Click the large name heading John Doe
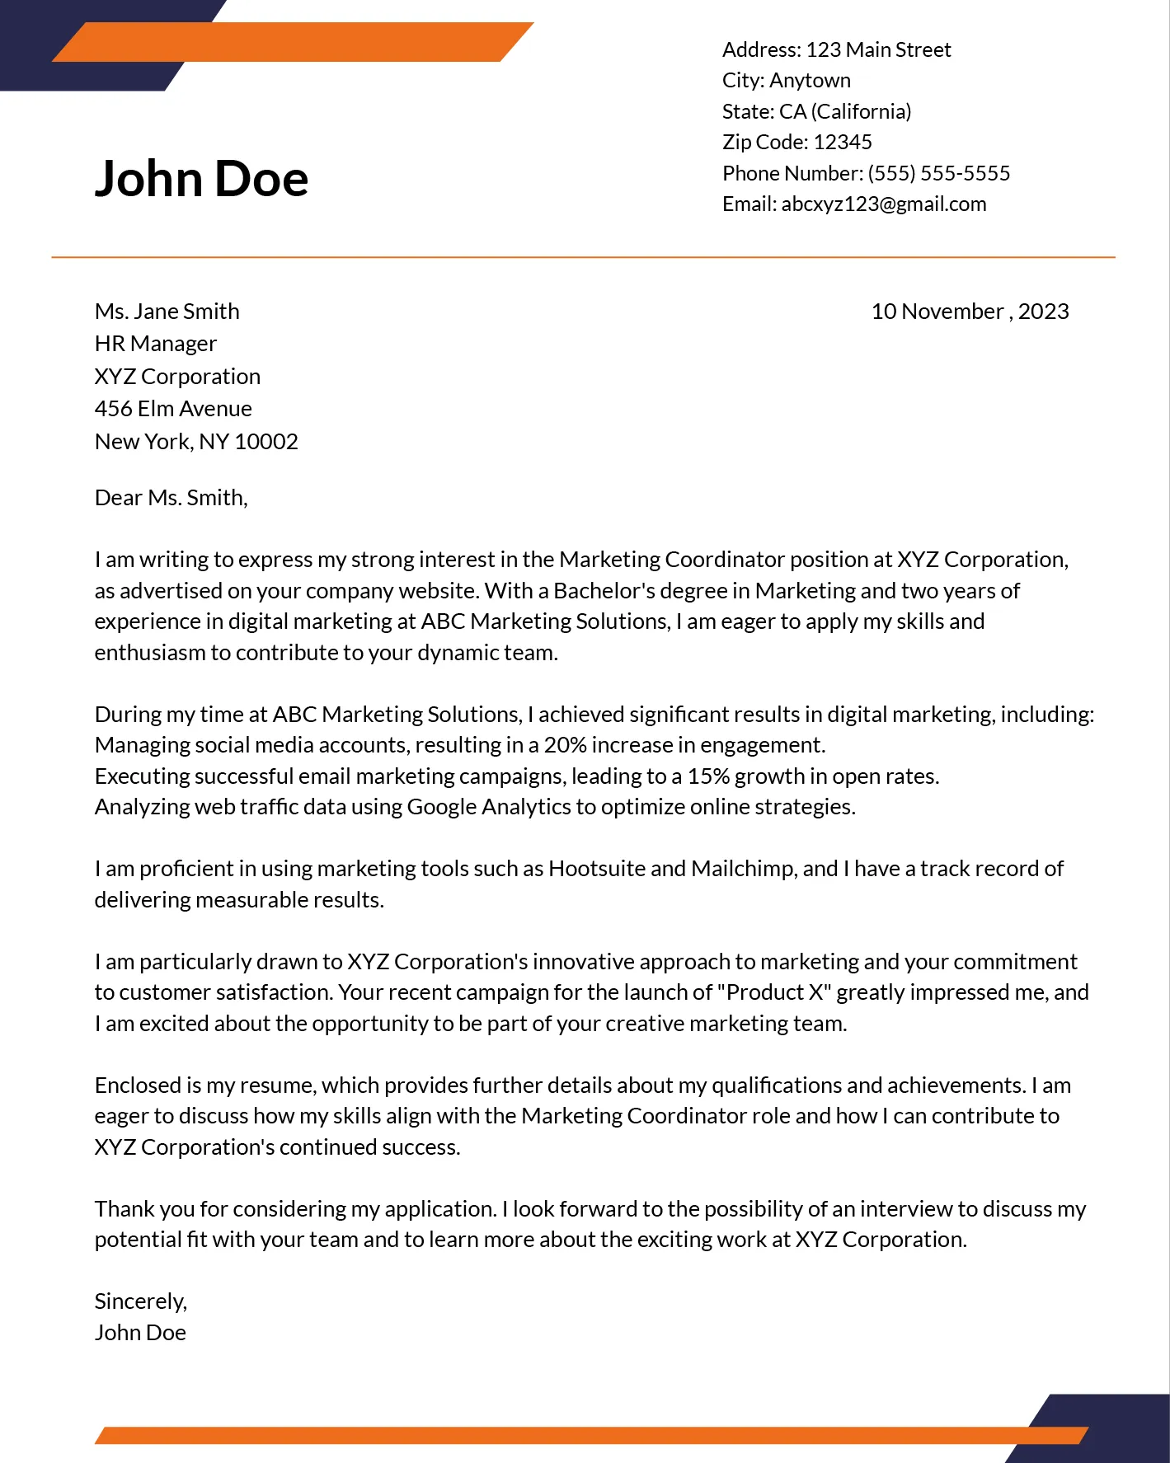tap(201, 179)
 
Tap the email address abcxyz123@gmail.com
tap(883, 204)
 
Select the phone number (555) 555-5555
tap(938, 174)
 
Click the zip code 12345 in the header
tap(842, 143)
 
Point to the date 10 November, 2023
tap(970, 312)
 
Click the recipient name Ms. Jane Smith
tap(167, 312)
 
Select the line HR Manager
tap(155, 344)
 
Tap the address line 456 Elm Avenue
tap(173, 409)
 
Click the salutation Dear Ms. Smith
tap(171, 498)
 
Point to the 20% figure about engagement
tap(565, 745)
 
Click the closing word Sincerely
tap(140, 1301)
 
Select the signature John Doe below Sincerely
tap(140, 1333)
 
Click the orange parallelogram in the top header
tap(293, 42)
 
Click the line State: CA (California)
tap(816, 112)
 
